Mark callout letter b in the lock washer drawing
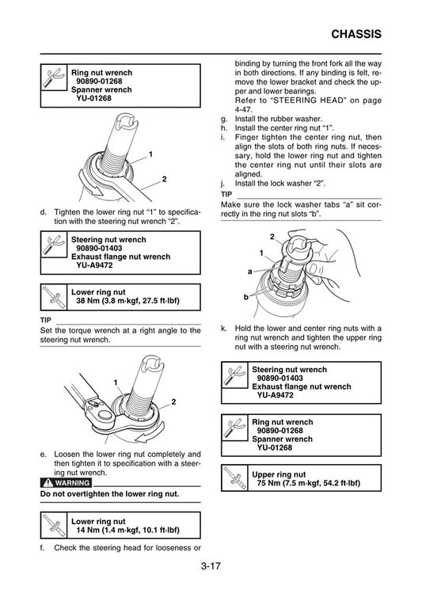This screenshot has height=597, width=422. click(247, 295)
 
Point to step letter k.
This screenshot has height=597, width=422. click(224, 328)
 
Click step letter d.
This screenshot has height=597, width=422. click(43, 212)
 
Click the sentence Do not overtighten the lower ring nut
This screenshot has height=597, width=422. click(109, 494)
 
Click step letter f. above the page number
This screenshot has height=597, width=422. click(43, 547)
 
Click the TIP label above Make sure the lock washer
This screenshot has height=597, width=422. click(226, 193)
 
